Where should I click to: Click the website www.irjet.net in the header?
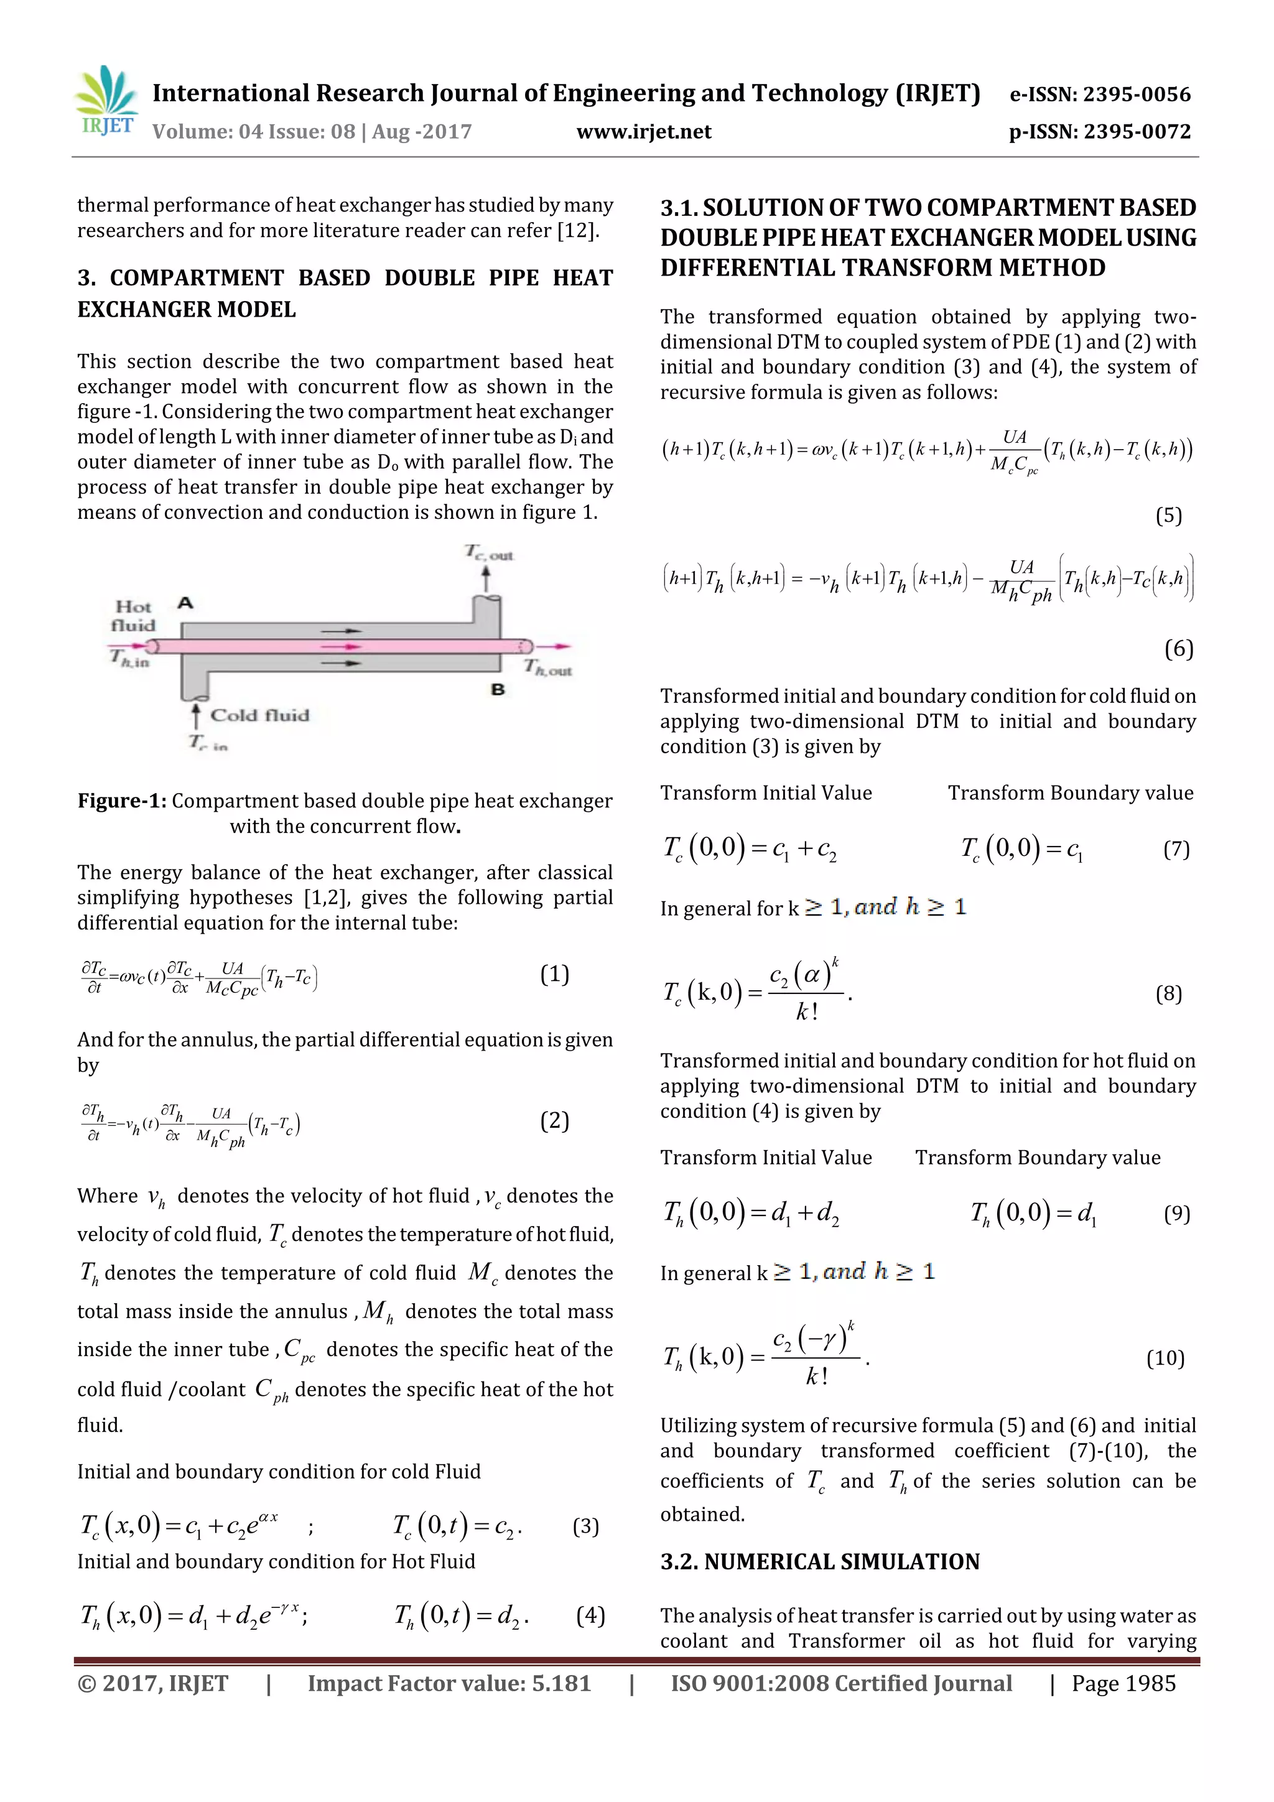[644, 132]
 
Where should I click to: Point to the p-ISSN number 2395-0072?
[1137, 132]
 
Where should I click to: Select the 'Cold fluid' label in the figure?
[259, 715]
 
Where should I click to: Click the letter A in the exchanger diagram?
[185, 603]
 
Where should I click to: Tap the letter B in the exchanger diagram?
[498, 690]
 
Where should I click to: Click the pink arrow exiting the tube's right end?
[555, 646]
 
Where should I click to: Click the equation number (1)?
[554, 974]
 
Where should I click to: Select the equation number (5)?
[1168, 516]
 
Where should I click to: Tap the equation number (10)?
[1165, 1358]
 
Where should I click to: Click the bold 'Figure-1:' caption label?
[122, 801]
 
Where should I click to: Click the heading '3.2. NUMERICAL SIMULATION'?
[819, 1561]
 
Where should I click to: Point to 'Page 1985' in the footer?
[1123, 1683]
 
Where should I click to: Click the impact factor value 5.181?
[560, 1683]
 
